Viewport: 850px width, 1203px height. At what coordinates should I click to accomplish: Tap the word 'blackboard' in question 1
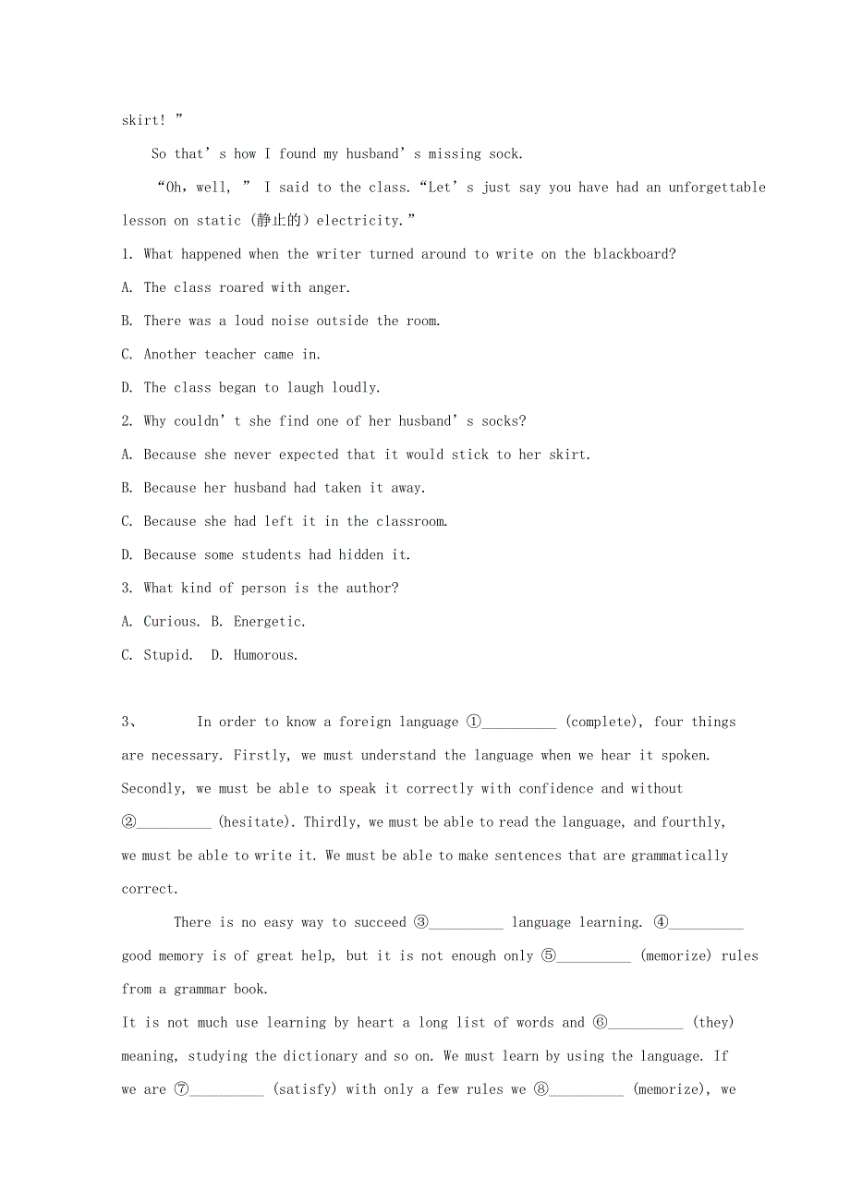click(x=634, y=254)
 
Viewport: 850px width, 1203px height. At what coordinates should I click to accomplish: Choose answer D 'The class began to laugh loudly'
click(x=261, y=387)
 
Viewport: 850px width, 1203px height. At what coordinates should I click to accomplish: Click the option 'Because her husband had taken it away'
click(x=285, y=488)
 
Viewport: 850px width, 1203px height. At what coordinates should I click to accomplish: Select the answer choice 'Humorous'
click(x=265, y=655)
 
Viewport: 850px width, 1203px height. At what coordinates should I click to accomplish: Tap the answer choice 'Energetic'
click(x=269, y=622)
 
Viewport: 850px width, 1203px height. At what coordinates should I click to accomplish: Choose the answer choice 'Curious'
click(x=171, y=622)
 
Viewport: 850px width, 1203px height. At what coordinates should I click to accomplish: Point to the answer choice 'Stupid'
click(x=167, y=655)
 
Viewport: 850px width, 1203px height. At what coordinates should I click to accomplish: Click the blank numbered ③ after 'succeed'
click(x=467, y=923)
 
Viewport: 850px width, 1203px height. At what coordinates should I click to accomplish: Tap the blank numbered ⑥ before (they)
click(x=646, y=1023)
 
